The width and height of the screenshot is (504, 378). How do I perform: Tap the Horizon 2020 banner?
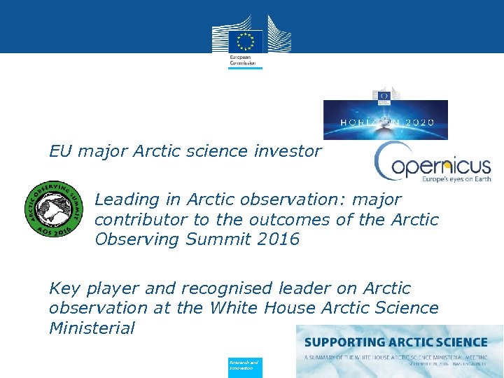[x=385, y=120]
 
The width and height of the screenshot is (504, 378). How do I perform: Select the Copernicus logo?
[x=432, y=163]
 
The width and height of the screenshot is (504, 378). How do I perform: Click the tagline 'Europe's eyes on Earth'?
[x=456, y=178]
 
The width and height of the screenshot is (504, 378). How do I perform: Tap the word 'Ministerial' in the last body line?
[x=92, y=328]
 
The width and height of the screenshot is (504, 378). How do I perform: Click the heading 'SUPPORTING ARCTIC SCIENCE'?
[x=395, y=342]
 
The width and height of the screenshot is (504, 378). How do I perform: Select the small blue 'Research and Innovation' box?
[x=245, y=365]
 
